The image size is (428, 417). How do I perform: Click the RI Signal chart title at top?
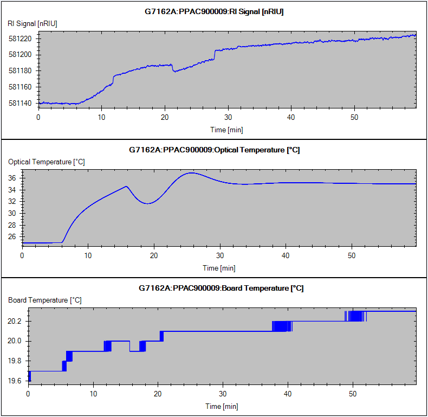(213, 12)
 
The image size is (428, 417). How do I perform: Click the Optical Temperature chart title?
(214, 150)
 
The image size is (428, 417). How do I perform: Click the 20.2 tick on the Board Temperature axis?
(15, 322)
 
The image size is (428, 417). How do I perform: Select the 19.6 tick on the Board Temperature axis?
(15, 381)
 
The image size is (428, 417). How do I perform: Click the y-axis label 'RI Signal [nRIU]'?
(33, 23)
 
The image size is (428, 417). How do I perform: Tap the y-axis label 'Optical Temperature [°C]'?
(46, 162)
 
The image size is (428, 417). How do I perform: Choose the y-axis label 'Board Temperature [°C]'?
(45, 300)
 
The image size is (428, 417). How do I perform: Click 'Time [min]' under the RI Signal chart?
(227, 130)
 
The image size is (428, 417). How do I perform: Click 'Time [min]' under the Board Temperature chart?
(222, 406)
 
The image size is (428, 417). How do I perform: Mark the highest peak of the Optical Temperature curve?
(191, 173)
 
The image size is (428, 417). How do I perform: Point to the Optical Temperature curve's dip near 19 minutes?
(148, 203)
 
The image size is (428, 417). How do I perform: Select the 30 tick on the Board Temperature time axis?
(223, 393)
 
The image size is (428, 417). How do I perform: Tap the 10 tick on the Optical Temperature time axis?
(88, 255)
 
